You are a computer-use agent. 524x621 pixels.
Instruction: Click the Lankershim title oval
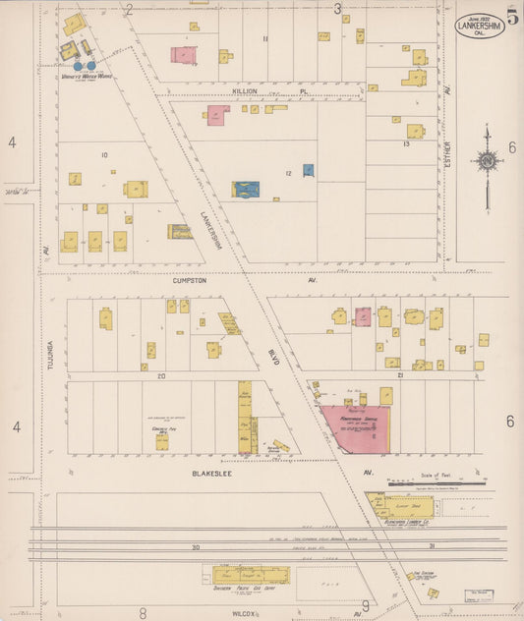(480, 26)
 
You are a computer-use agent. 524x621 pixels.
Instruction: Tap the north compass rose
(486, 161)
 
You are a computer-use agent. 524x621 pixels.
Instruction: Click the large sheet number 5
(513, 17)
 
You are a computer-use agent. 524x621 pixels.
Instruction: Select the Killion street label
(244, 90)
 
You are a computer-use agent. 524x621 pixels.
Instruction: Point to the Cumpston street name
(189, 280)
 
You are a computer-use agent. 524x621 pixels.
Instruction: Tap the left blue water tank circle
(79, 67)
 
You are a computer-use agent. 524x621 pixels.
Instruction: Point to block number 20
(159, 376)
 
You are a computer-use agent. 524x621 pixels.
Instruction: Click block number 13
(405, 144)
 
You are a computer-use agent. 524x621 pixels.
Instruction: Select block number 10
(103, 155)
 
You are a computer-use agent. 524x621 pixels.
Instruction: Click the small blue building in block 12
(308, 169)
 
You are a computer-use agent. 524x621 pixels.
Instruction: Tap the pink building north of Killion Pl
(183, 55)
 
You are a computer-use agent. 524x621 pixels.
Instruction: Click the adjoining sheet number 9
(365, 606)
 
